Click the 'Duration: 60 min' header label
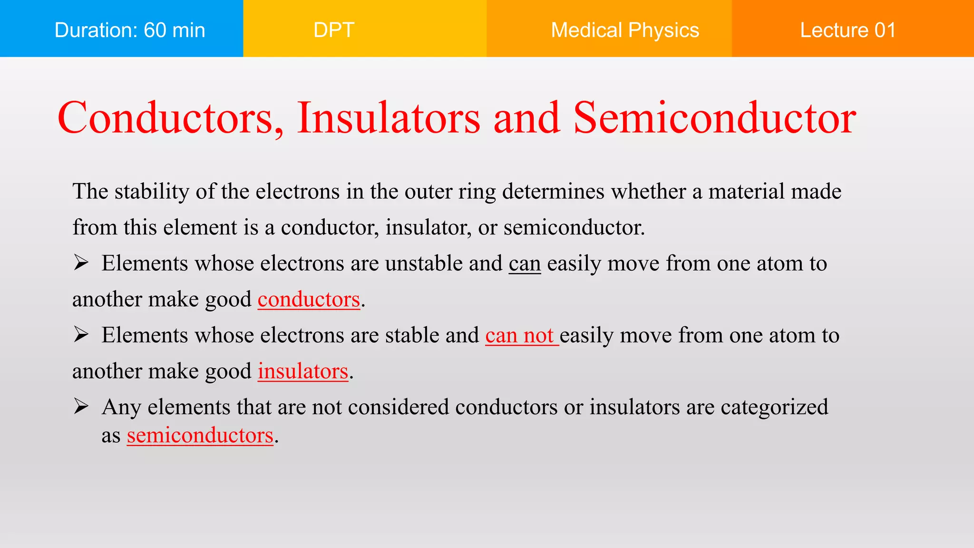pos(130,30)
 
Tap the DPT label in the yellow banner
pos(334,30)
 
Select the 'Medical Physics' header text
pos(625,30)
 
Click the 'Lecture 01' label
pos(848,30)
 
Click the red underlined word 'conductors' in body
pos(309,299)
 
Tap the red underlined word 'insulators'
pos(303,371)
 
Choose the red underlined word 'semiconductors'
pos(200,435)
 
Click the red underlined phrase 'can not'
pos(520,335)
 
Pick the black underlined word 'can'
pos(525,264)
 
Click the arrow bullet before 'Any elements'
pos(81,406)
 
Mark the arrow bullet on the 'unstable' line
pos(81,263)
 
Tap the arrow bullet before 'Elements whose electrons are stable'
pos(81,334)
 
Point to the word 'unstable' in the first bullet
pos(424,264)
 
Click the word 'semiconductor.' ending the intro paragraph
pos(574,227)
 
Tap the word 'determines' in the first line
pos(554,192)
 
